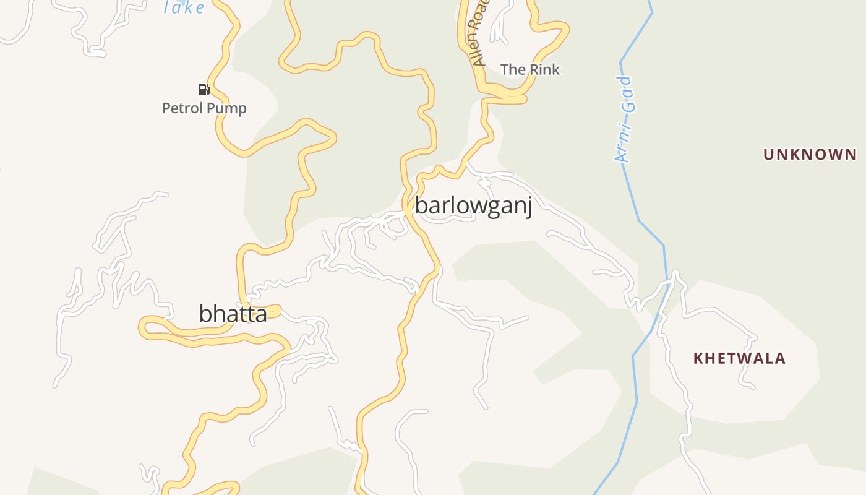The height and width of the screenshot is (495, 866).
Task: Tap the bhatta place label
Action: pos(233,314)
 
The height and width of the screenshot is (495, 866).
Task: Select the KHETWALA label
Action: pos(739,358)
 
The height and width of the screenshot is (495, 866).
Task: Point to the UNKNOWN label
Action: pos(810,154)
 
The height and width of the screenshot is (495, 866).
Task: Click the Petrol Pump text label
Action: pos(204,108)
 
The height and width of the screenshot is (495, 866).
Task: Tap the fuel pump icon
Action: pos(204,90)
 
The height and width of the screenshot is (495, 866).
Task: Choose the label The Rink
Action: pos(530,69)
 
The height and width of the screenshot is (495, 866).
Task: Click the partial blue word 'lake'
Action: pos(184,8)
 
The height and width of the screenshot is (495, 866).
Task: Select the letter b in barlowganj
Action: pos(421,205)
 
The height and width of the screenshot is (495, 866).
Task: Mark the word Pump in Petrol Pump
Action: pos(226,109)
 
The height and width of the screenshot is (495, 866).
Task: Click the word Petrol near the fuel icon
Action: pos(182,108)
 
